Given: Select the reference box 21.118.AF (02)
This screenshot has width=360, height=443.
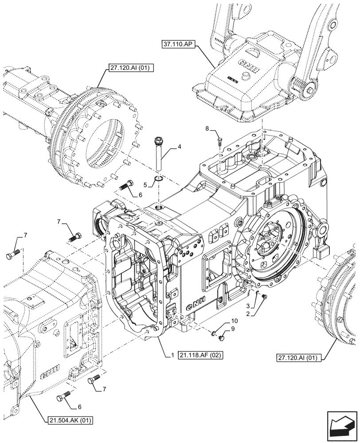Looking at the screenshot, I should tap(202, 354).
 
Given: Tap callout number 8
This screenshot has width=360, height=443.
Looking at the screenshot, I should tap(207, 128).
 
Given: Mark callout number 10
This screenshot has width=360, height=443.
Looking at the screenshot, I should tap(234, 320).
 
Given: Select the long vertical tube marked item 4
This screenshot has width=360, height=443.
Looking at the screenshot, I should tap(159, 155).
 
